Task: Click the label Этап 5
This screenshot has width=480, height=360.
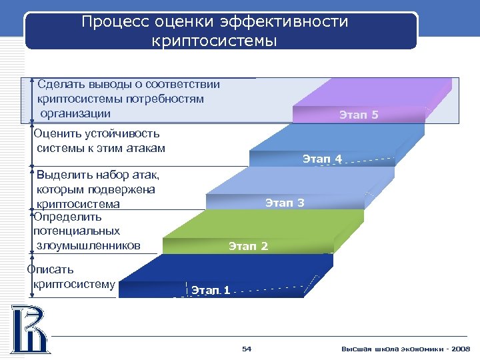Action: click(359, 115)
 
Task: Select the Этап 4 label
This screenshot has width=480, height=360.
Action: click(322, 159)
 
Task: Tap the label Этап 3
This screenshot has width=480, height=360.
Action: click(285, 203)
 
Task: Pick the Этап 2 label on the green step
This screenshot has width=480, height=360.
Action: click(248, 247)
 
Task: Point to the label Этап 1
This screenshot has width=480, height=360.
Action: click(211, 290)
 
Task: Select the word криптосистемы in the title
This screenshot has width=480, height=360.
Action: click(214, 41)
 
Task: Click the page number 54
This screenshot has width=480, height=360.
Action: click(247, 349)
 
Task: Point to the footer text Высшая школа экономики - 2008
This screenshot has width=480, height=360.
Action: click(405, 349)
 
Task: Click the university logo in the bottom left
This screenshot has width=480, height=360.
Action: click(29, 329)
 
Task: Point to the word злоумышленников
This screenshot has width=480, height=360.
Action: click(89, 245)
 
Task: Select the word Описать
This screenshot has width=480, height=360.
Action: click(51, 269)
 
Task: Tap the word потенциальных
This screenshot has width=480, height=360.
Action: click(77, 231)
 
